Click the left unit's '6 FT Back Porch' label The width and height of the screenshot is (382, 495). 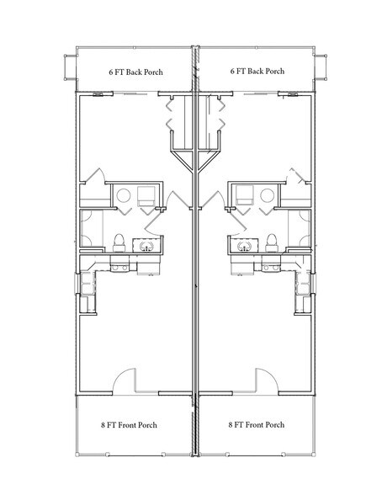(x=136, y=72)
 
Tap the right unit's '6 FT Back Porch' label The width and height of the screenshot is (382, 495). (x=257, y=71)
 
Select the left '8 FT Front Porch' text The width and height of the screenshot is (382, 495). (x=129, y=425)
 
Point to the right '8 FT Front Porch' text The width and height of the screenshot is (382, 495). (x=256, y=424)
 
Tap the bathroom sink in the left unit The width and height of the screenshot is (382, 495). (x=146, y=246)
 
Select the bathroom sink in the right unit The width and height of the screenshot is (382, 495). (x=244, y=246)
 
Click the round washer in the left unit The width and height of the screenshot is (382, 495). (x=124, y=195)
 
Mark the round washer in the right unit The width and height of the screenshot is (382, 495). (x=268, y=195)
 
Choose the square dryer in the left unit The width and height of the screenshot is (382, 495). (x=146, y=195)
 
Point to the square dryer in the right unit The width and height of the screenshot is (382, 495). (x=245, y=195)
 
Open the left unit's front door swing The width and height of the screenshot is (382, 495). (x=125, y=381)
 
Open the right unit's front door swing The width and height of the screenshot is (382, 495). (x=267, y=381)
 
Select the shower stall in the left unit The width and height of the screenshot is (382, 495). (x=92, y=228)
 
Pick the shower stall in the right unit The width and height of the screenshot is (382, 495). (x=300, y=228)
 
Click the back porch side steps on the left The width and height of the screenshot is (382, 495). (x=71, y=67)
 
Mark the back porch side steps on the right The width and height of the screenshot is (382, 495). (x=321, y=67)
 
